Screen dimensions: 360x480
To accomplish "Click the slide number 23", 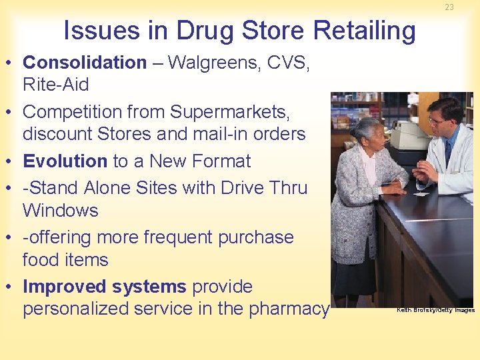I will pyautogui.click(x=449, y=7).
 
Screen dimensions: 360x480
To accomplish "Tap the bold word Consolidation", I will pyautogui.click(x=85, y=63).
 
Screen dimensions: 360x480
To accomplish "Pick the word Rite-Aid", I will pyautogui.click(x=55, y=85).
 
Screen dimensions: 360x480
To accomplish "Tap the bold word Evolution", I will pyautogui.click(x=65, y=161).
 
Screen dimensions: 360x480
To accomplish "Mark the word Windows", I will pyautogui.click(x=60, y=211).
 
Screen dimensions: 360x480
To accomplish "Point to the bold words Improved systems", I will pyautogui.click(x=104, y=287).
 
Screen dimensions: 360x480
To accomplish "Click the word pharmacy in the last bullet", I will pyautogui.click(x=290, y=309).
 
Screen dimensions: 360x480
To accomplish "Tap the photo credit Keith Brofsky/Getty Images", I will pyautogui.click(x=435, y=310).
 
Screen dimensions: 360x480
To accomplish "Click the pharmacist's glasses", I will pyautogui.click(x=437, y=121).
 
